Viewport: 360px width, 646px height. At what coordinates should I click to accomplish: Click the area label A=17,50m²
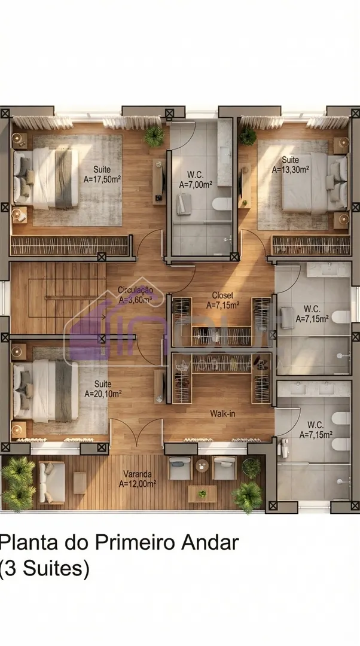click(x=102, y=179)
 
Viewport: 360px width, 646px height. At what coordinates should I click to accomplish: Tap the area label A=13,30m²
click(x=291, y=169)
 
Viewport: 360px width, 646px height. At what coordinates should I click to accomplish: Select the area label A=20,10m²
click(x=103, y=394)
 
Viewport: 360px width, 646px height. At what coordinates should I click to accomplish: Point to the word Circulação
click(x=135, y=290)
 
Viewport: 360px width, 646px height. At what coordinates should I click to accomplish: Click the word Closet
click(x=222, y=295)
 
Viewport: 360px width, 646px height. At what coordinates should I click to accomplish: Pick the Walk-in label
click(x=222, y=413)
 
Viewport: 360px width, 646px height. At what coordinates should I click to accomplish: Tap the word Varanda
click(x=137, y=474)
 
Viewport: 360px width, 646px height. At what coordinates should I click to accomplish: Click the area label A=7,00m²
click(x=196, y=185)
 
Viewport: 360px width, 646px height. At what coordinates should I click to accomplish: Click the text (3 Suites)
click(x=44, y=569)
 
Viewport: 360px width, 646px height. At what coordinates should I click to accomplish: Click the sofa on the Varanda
click(x=51, y=483)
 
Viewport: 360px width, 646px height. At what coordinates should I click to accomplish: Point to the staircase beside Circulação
click(x=57, y=298)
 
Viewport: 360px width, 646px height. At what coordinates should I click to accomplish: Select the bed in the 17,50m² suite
click(x=45, y=178)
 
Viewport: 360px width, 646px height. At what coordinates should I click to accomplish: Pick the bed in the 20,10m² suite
click(x=45, y=391)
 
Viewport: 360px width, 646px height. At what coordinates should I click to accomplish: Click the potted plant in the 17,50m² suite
click(x=154, y=136)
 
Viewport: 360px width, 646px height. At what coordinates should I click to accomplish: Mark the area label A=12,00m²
click(x=138, y=484)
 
